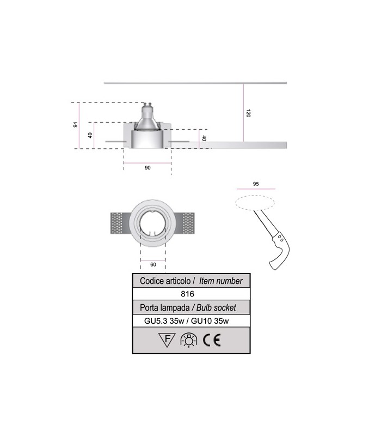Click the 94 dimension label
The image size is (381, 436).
pyautogui.click(x=76, y=125)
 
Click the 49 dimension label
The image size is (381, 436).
pyautogui.click(x=90, y=135)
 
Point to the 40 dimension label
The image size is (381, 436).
pyautogui.click(x=204, y=138)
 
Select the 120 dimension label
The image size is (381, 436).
pyautogui.click(x=249, y=113)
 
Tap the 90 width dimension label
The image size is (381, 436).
pyautogui.click(x=148, y=168)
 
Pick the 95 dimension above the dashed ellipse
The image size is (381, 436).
pyautogui.click(x=256, y=184)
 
